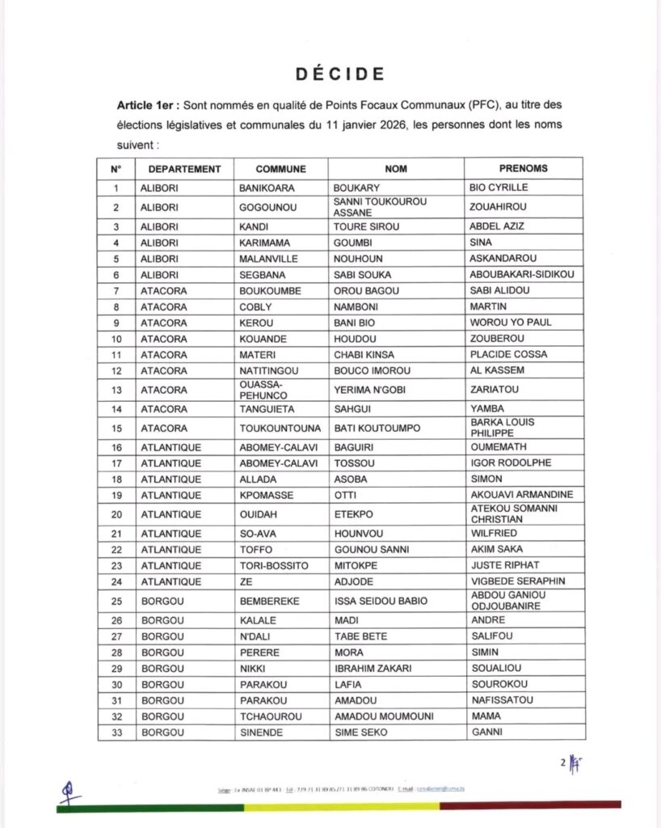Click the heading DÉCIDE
pyautogui.click(x=339, y=74)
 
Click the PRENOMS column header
pyautogui.click(x=523, y=169)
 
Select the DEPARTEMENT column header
pyautogui.click(x=184, y=169)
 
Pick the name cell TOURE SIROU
pyautogui.click(x=367, y=226)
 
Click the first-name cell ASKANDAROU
pyautogui.click(x=504, y=259)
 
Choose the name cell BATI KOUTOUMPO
pyautogui.click(x=377, y=428)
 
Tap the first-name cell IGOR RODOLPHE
pyautogui.click(x=511, y=463)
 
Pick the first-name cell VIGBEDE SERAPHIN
pyautogui.click(x=517, y=581)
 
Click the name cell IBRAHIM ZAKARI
pyautogui.click(x=373, y=669)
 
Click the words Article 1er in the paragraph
pyautogui.click(x=148, y=106)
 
